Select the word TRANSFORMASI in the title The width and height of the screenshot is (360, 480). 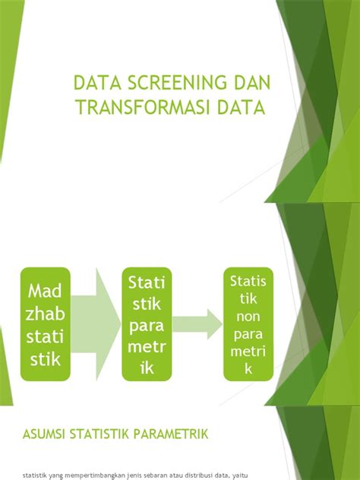(x=150, y=108)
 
